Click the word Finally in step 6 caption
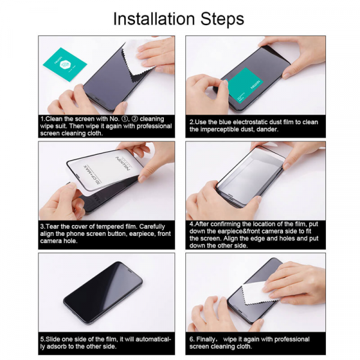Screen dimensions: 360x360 click(x=208, y=339)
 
